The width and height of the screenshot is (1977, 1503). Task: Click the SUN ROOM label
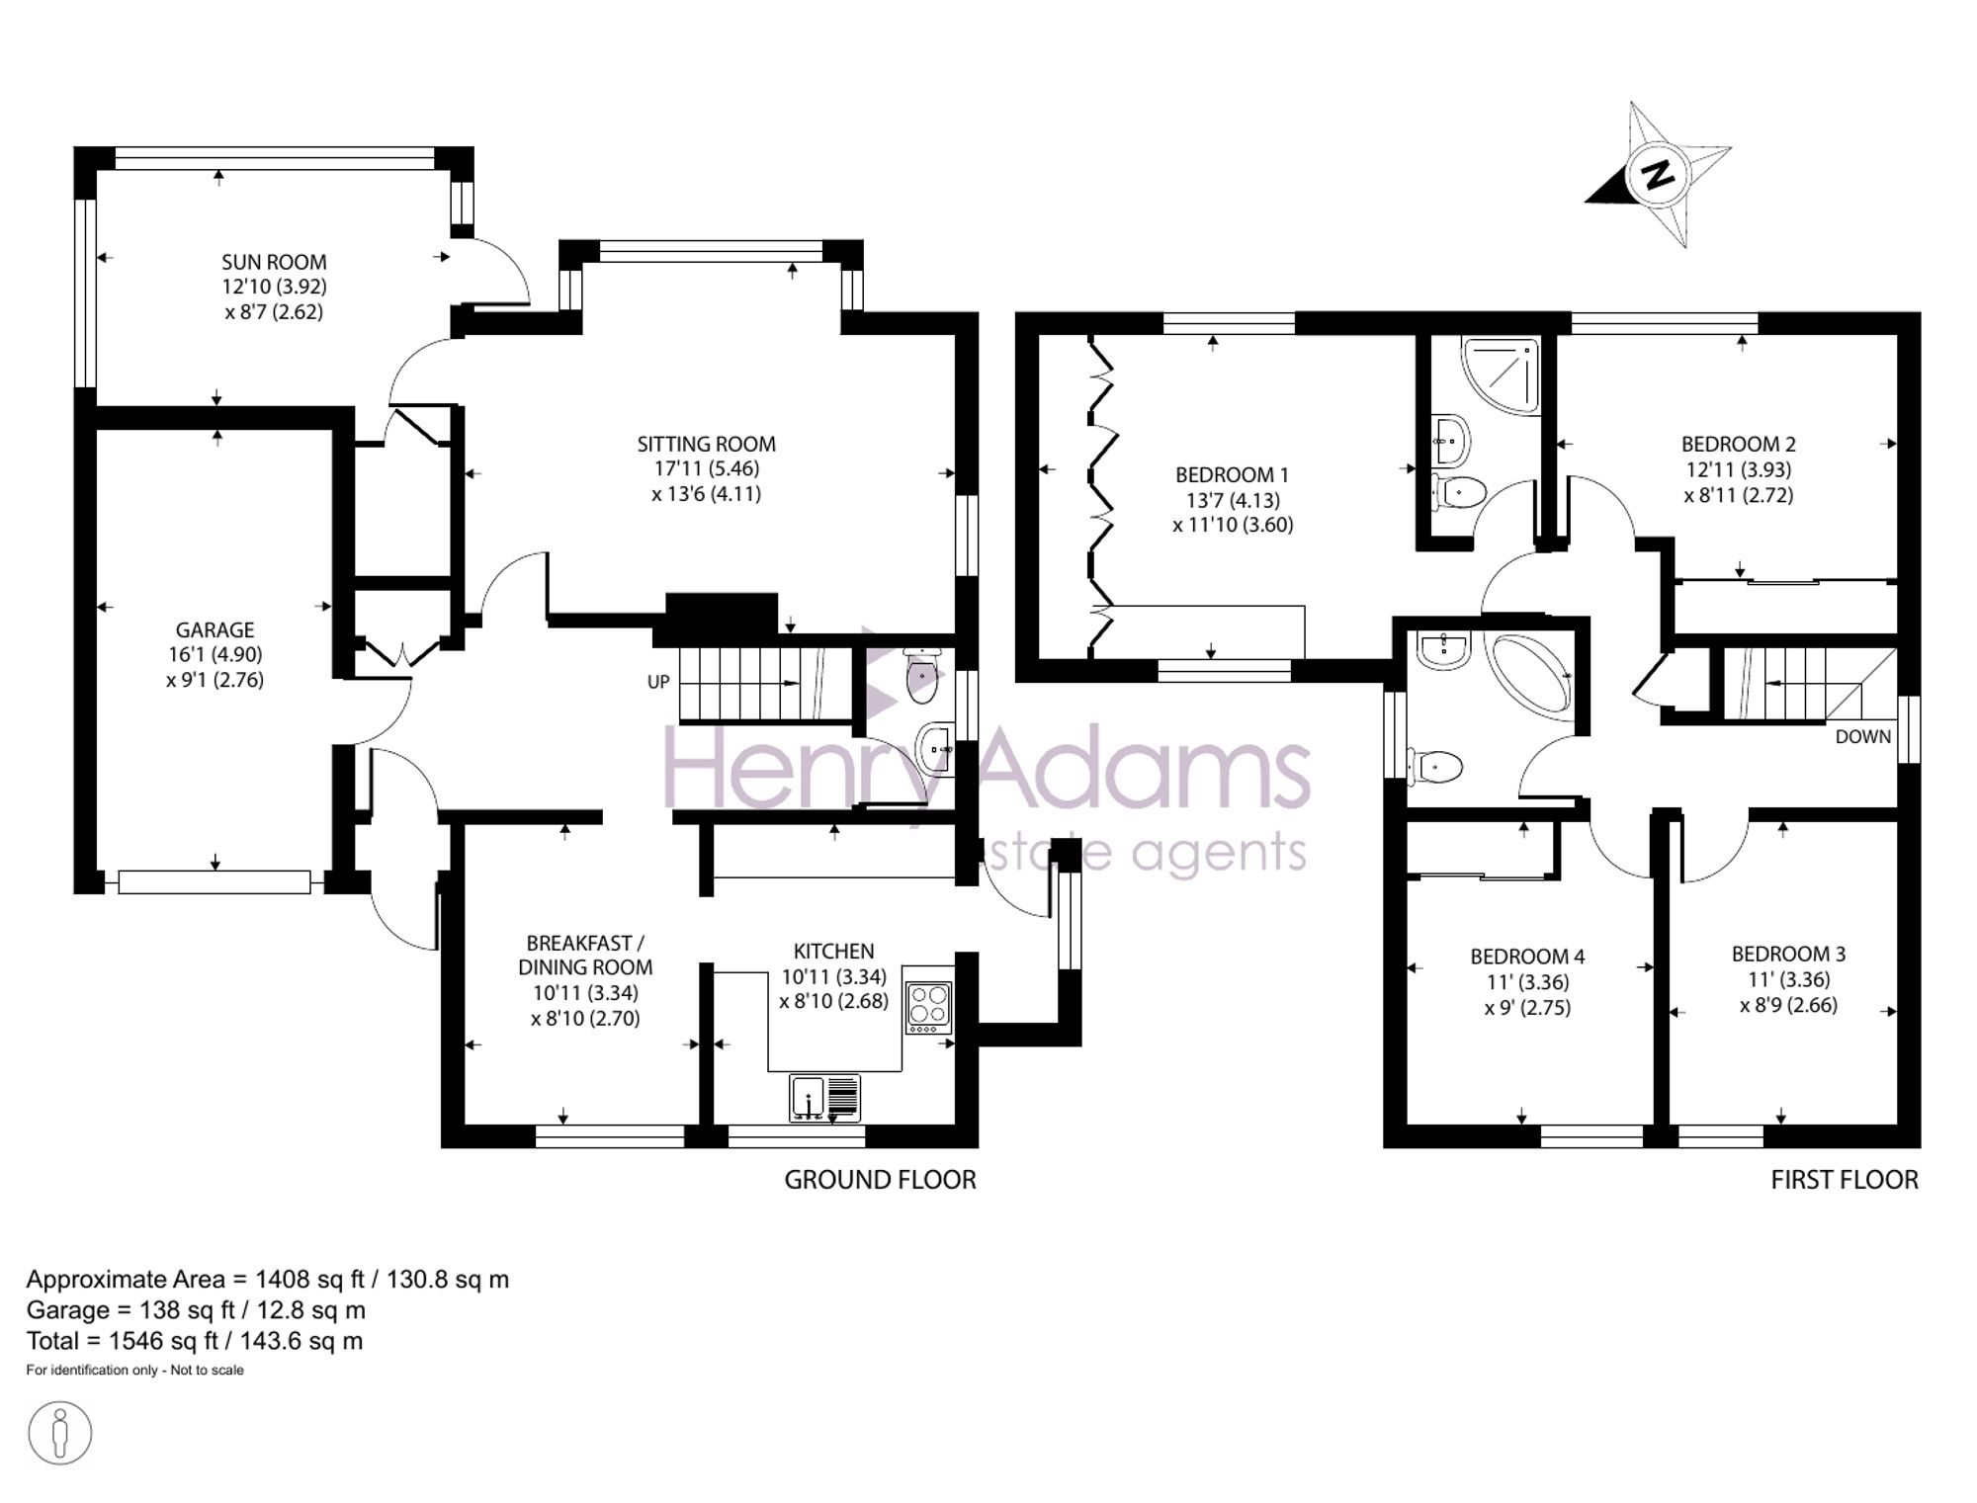[x=274, y=262]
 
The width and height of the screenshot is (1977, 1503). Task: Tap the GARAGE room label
[x=215, y=629]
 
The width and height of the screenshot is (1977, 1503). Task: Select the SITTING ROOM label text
[x=706, y=444]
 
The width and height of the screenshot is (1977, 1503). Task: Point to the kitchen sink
[x=824, y=1098]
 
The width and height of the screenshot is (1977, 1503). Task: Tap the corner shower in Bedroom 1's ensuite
[x=1501, y=374]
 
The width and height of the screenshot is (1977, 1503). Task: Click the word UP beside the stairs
[x=658, y=682]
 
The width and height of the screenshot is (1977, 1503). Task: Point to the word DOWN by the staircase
[x=1863, y=736]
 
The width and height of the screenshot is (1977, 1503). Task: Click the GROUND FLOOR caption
[x=880, y=1179]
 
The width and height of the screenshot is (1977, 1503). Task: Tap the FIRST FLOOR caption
[x=1845, y=1179]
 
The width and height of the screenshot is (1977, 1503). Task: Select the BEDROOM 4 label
[x=1527, y=957]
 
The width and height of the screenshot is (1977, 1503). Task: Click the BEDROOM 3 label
[x=1788, y=954]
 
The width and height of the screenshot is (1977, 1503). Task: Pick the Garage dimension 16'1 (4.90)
[x=215, y=654]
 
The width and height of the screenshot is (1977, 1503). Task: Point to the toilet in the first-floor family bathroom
[x=1434, y=766]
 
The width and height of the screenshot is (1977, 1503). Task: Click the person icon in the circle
[x=60, y=1432]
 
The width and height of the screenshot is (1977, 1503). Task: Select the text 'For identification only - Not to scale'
[x=134, y=1370]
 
